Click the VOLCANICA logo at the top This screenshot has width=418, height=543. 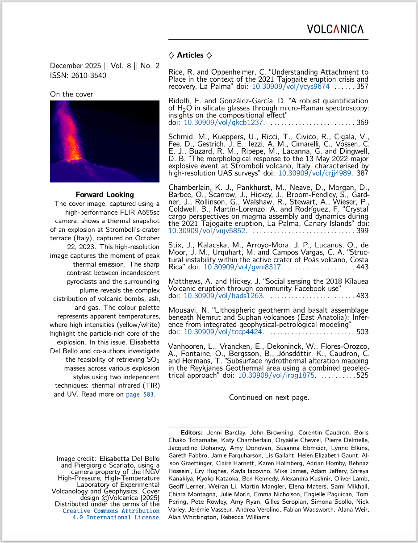335,29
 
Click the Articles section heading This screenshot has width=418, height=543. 190,55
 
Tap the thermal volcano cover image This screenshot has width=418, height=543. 104,141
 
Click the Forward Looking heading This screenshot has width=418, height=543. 104,195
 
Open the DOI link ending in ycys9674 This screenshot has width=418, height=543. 291,87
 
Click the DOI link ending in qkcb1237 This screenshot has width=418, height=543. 223,122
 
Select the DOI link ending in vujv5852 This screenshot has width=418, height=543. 207,231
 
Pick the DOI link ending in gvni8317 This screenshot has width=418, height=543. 242,267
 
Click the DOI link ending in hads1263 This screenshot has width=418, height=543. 223,296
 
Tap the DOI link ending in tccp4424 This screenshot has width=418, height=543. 223,332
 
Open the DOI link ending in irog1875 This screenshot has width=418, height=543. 276,376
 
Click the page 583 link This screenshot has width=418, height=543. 140,395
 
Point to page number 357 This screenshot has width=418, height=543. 362,87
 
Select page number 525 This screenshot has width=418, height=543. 362,376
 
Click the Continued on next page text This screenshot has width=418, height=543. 269,397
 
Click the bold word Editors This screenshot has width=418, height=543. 192,433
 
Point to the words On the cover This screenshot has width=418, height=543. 71,94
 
